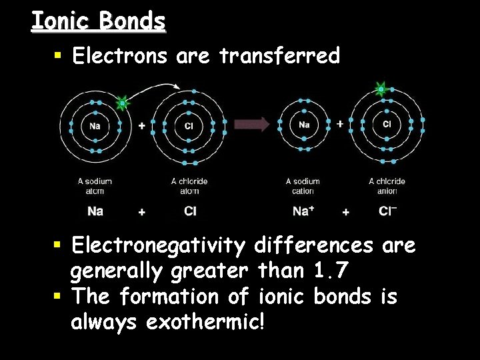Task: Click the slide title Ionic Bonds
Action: tap(98, 21)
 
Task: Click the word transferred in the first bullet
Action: tap(279, 56)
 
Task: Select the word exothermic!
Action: tap(205, 323)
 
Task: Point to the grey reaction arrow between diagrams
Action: tap(251, 124)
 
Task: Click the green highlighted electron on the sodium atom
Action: tap(122, 103)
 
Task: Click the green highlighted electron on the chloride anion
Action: tap(381, 88)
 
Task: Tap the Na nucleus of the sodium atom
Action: tap(95, 125)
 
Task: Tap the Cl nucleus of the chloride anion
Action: tap(387, 124)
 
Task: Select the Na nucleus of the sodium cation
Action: tap(304, 125)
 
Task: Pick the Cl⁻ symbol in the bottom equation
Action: tap(387, 211)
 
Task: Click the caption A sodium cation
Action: tap(303, 186)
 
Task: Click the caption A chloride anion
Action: tap(387, 186)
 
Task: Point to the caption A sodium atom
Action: tap(95, 186)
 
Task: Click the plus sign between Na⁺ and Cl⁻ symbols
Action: tap(345, 212)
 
